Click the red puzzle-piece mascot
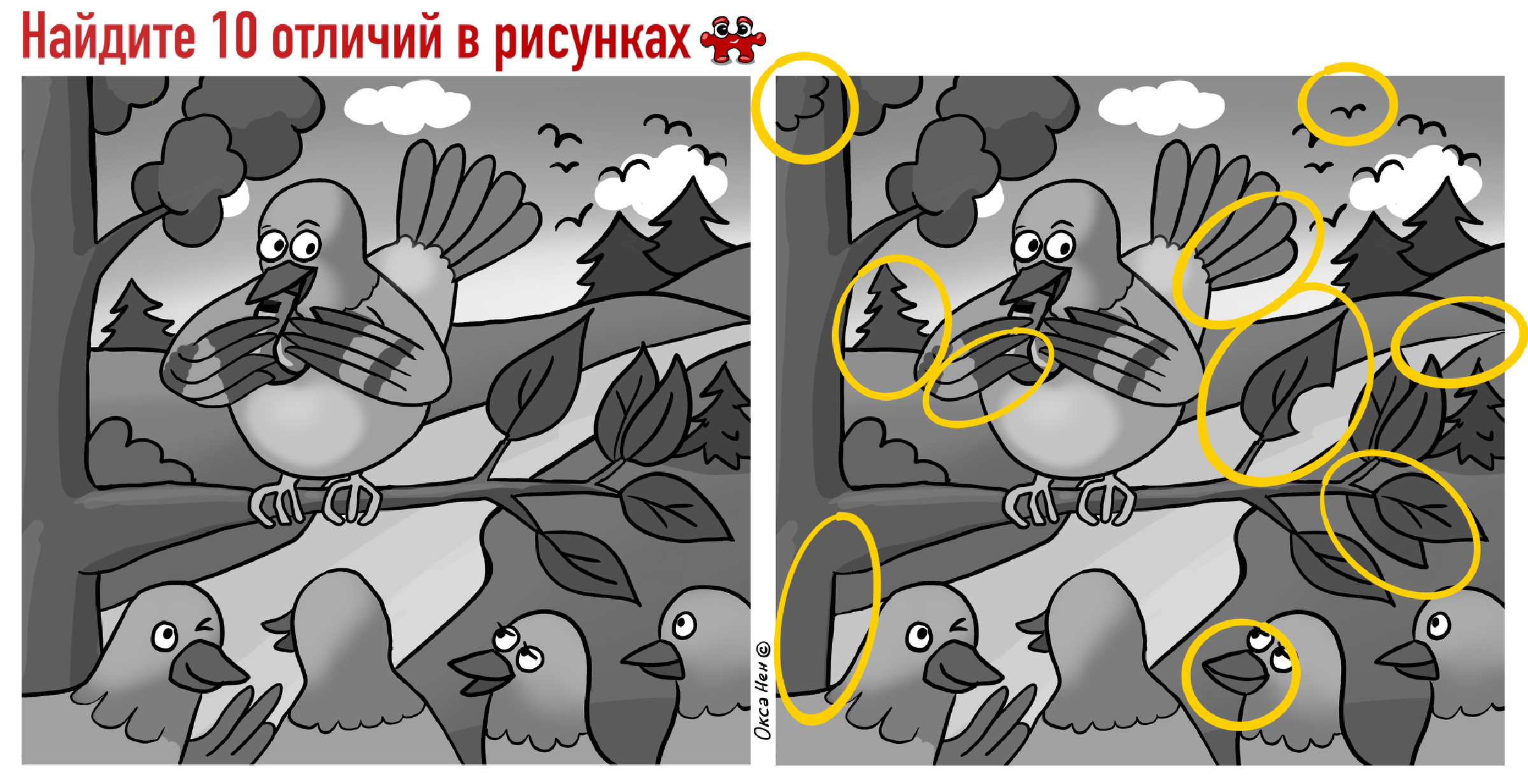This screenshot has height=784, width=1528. pos(733,39)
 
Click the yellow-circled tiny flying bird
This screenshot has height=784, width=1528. pos(1348,111)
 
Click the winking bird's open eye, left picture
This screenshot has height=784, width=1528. pos(164,634)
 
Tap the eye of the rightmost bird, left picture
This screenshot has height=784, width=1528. pos(684,624)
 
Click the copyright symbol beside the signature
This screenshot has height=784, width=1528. pos(763,649)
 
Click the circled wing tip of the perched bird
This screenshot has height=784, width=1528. pos(987,375)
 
